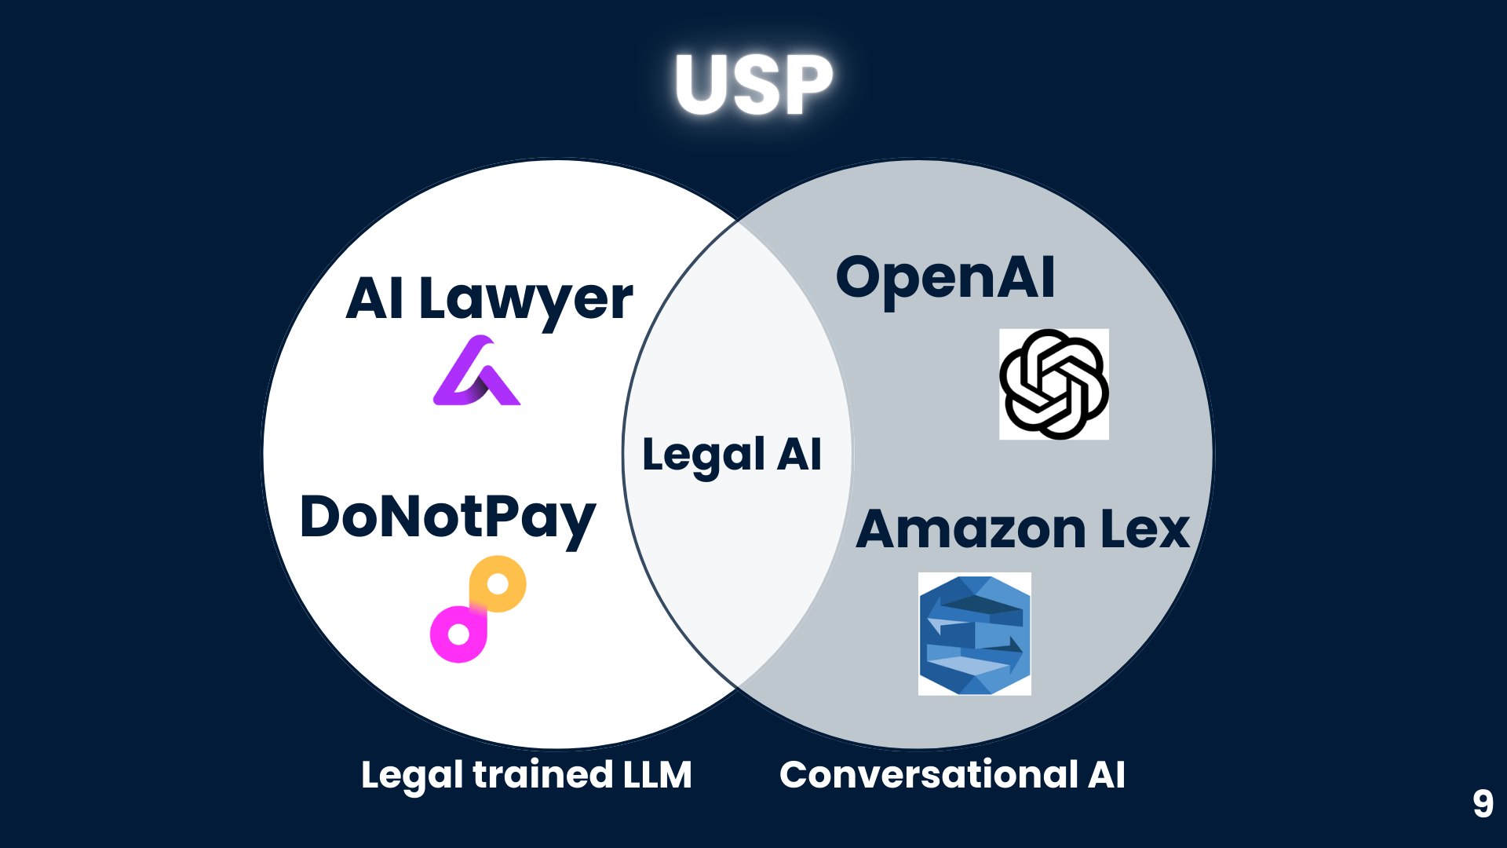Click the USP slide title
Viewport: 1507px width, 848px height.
pos(753,85)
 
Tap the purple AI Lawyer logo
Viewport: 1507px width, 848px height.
pos(476,372)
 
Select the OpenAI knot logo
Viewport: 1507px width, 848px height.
pos(1053,384)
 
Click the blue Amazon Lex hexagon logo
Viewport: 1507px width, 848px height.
pos(974,634)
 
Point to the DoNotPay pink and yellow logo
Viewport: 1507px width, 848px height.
pos(477,609)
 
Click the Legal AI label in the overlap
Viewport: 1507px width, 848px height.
pos(732,455)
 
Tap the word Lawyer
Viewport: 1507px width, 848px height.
pos(526,300)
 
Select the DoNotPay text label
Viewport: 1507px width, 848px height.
pos(447,518)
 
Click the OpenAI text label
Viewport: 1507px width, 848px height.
pos(945,278)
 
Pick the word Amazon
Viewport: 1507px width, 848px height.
pos(972,529)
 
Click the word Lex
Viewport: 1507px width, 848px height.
pos(1145,529)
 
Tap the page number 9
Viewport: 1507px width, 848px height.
pos(1483,803)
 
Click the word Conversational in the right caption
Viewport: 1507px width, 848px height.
pos(929,775)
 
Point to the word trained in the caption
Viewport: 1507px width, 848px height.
pos(542,775)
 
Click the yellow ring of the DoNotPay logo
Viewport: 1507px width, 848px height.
pos(498,583)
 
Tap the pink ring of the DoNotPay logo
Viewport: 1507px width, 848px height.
pos(458,634)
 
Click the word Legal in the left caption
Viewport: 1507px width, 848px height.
pos(411,775)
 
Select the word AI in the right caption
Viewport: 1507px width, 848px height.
pos(1107,775)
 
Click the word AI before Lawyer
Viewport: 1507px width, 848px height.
pos(375,299)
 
